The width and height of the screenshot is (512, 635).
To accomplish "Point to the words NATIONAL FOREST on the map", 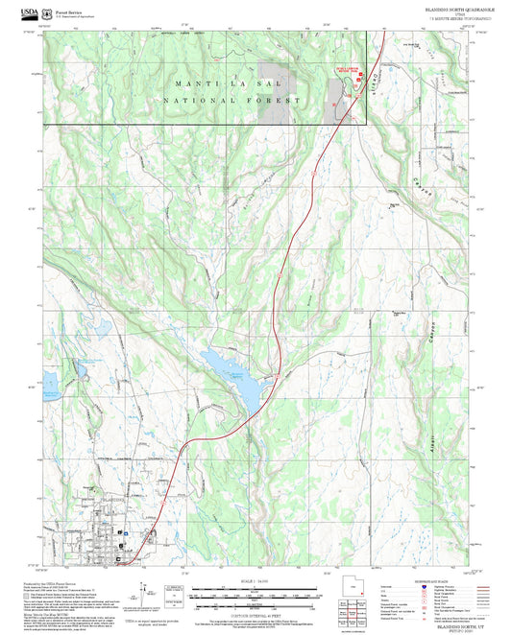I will pos(233,100).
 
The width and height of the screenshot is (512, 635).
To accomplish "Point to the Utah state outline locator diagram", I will pos(349,587).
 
